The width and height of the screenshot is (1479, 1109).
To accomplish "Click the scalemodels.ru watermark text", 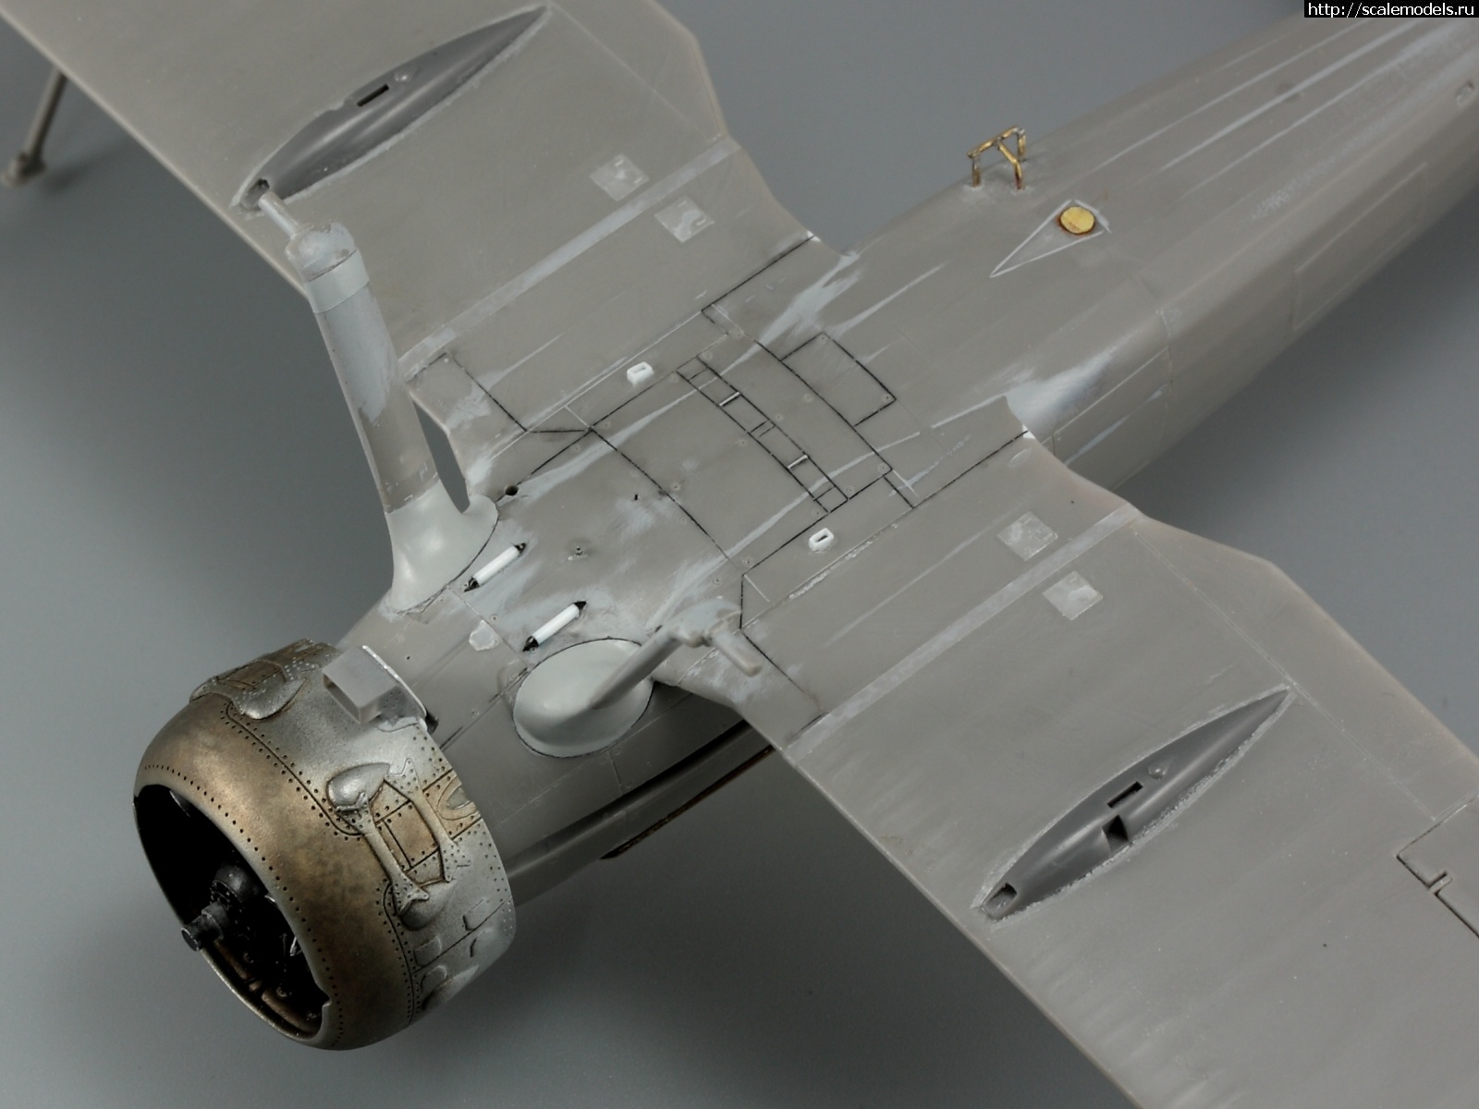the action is point(1391,8).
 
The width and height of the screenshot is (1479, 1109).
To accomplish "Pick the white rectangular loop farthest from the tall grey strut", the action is point(820,539).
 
